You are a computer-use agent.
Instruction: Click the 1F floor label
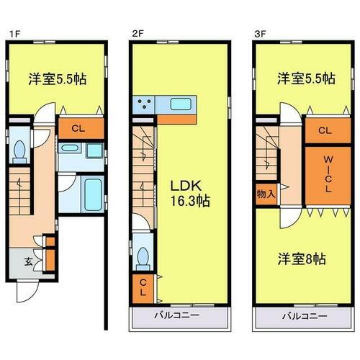(x=12, y=33)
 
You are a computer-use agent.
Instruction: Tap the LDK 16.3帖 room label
(x=189, y=194)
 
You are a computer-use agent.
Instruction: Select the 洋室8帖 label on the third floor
(x=302, y=257)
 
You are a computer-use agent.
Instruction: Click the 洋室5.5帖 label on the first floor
(x=58, y=79)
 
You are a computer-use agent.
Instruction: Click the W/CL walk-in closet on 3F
(x=325, y=174)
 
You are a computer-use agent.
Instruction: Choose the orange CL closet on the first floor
(x=79, y=130)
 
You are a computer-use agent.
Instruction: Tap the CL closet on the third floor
(x=325, y=130)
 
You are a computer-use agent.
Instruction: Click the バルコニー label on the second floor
(x=179, y=316)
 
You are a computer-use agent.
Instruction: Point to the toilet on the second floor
(x=143, y=256)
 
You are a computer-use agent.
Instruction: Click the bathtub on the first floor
(x=92, y=192)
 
